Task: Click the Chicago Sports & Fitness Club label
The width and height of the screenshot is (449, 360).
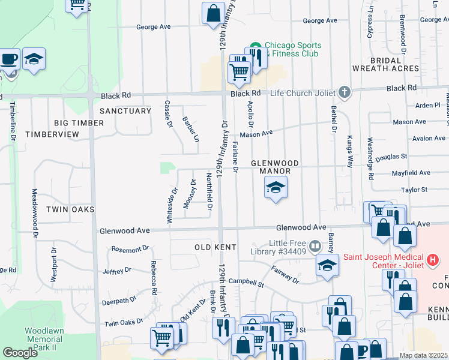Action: point(292,50)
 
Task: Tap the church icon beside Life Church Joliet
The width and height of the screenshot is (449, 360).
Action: point(344,92)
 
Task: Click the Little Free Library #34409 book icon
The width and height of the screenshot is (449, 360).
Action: point(315,246)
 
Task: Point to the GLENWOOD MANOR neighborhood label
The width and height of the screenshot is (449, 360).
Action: point(274,167)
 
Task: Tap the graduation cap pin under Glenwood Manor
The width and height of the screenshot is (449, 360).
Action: point(276,189)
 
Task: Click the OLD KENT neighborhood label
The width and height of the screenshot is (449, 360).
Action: point(214,247)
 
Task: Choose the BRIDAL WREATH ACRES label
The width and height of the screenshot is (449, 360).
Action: point(385,65)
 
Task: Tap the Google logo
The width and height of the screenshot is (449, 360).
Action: point(20,353)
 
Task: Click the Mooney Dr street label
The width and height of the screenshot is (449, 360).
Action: point(190,194)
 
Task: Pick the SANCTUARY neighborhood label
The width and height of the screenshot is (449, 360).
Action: point(125,111)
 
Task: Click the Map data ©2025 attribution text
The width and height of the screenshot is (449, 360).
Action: point(424,355)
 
